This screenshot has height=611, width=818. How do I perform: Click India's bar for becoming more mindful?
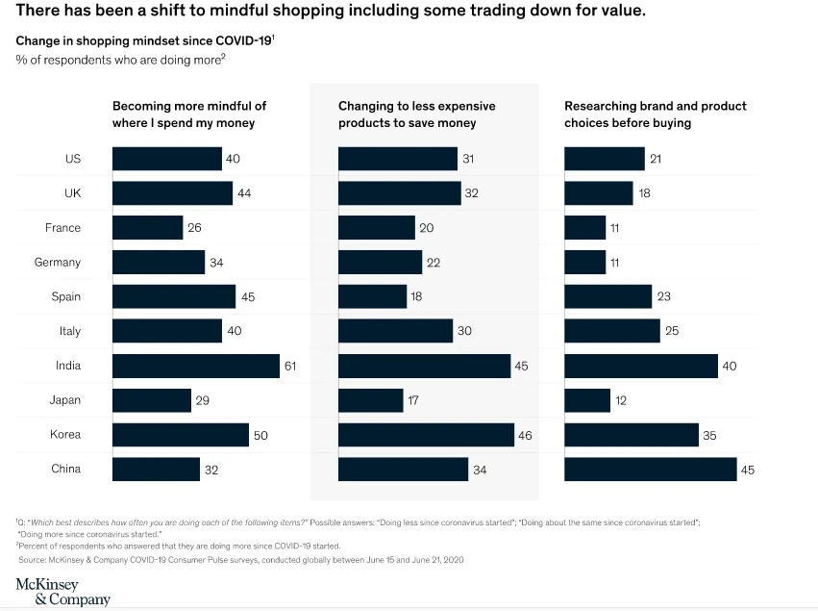[195, 366]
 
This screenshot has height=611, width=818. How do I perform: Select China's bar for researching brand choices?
[650, 469]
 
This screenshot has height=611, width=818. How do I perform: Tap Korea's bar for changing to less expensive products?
[426, 435]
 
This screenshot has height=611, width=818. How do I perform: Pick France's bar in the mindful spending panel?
[147, 228]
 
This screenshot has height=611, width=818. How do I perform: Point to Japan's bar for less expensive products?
[370, 400]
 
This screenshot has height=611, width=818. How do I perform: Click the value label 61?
[290, 366]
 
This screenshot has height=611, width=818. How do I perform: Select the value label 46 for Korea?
[527, 435]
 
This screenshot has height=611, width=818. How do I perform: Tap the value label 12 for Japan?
[621, 400]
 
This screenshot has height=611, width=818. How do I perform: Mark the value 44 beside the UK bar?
[244, 193]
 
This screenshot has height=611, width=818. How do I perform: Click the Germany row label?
[58, 262]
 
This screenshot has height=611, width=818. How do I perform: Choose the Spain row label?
[66, 296]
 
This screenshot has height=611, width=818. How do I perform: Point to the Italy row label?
[68, 331]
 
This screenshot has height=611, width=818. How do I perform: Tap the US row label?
[73, 159]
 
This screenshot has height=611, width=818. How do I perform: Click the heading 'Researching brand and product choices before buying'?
[655, 115]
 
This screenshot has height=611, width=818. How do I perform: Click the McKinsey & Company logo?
[62, 592]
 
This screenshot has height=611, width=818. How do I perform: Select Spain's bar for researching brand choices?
[607, 296]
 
